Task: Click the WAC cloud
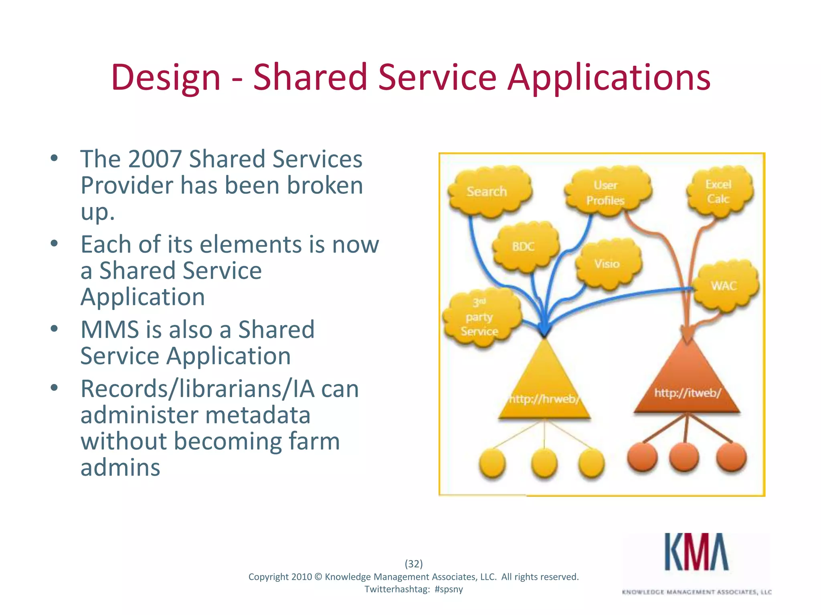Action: pyautogui.click(x=725, y=286)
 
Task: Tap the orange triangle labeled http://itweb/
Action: pyautogui.click(x=687, y=384)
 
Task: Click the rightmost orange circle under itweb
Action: pyautogui.click(x=731, y=458)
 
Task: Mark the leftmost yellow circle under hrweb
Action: pyautogui.click(x=492, y=463)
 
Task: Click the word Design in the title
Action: pyautogui.click(x=166, y=77)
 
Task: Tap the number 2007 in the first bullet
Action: pyautogui.click(x=155, y=159)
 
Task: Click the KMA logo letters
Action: pyautogui.click(x=696, y=552)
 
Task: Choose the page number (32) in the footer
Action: pyautogui.click(x=414, y=564)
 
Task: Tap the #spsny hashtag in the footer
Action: pyautogui.click(x=449, y=589)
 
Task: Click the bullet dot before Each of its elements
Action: pyautogui.click(x=55, y=243)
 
